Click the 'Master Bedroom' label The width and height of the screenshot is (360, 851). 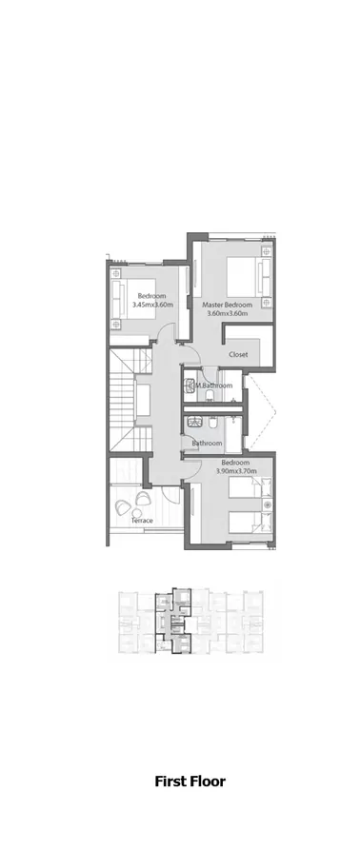click(x=226, y=305)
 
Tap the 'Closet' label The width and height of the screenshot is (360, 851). click(x=238, y=354)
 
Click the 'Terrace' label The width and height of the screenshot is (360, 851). click(x=142, y=521)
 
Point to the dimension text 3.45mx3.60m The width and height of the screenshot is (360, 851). click(x=153, y=305)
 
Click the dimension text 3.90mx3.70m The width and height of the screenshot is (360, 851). click(x=237, y=470)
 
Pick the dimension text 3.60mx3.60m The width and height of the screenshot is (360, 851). click(x=226, y=313)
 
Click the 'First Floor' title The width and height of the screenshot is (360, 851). click(x=190, y=782)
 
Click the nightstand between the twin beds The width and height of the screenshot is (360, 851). click(x=268, y=505)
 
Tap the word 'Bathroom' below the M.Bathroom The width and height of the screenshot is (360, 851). click(x=207, y=444)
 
